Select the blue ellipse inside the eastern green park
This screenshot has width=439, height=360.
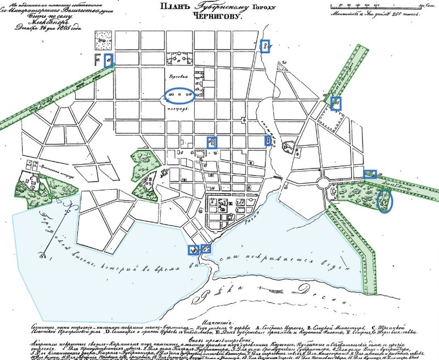[386, 200]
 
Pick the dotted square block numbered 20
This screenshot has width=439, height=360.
[102, 37]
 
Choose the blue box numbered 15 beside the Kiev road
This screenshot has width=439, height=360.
[109, 61]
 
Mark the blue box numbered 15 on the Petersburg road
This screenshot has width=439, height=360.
[336, 102]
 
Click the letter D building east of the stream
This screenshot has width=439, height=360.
[286, 147]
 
